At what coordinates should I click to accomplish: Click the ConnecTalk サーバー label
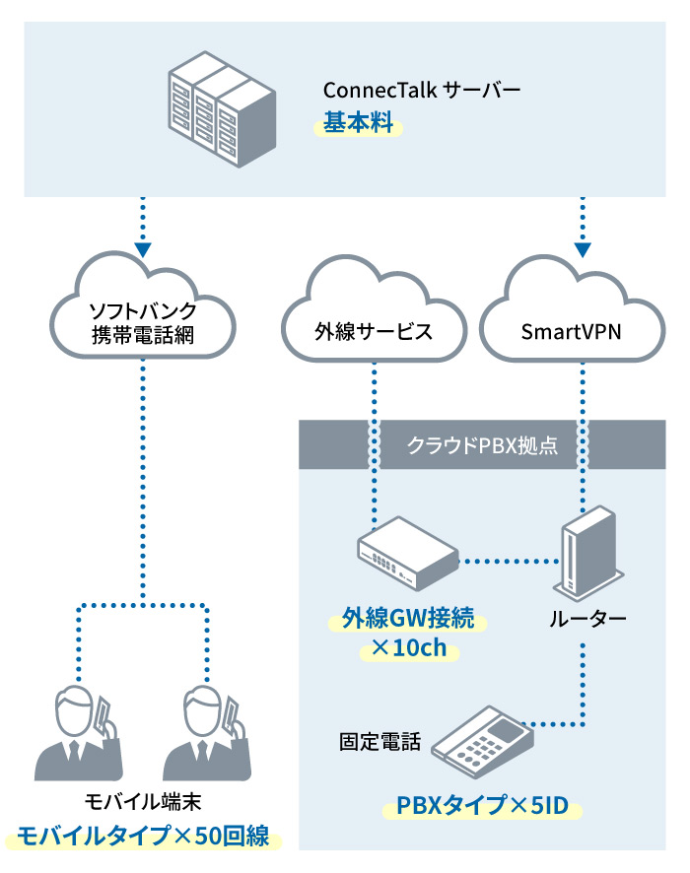click(421, 92)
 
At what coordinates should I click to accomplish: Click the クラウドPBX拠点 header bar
click(482, 445)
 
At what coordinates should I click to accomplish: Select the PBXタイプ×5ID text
click(482, 808)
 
